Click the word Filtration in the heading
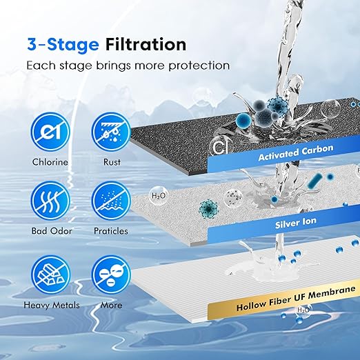click(x=146, y=44)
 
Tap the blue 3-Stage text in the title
click(x=63, y=44)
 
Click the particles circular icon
click(x=110, y=199)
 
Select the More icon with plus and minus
click(x=110, y=272)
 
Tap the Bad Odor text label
click(x=52, y=230)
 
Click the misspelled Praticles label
click(x=111, y=230)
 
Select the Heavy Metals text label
click(x=52, y=304)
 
